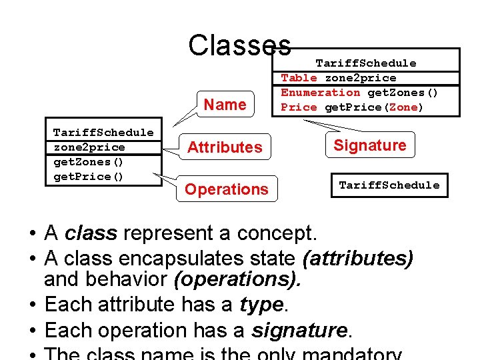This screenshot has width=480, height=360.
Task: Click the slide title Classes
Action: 239,45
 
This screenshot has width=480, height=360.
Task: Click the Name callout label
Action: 225,105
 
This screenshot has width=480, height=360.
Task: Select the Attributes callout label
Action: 225,147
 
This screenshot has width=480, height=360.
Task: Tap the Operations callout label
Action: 226,189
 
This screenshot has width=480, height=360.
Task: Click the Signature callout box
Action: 370,145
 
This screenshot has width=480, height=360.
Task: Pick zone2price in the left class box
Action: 89,147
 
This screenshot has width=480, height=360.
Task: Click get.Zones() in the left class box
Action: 89,162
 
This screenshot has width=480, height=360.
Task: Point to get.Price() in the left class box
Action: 89,177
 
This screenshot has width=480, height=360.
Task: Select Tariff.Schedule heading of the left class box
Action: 103,133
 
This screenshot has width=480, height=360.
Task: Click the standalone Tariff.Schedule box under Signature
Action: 389,185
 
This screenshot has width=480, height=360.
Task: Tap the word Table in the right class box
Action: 299,78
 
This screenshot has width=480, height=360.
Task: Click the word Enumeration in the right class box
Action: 321,93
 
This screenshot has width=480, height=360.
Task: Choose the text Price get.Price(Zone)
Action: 352,107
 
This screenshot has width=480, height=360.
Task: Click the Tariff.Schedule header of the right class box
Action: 365,63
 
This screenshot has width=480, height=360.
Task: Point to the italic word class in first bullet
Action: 91,234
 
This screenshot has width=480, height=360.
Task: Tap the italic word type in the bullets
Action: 262,305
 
